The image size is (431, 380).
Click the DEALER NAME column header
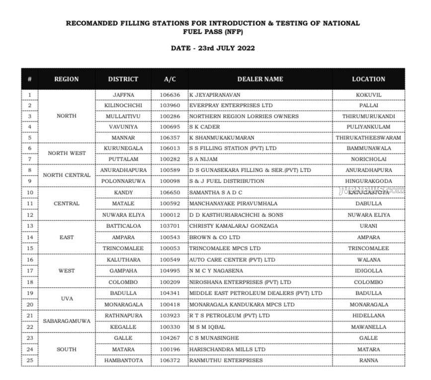coord(260,79)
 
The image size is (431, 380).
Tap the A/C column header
coord(170,79)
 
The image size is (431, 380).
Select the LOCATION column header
coord(368,79)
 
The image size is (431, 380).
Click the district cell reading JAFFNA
coord(123,95)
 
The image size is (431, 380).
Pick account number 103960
coord(170,106)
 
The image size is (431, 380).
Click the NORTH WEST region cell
coord(67,153)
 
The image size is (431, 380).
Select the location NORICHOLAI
coord(368,159)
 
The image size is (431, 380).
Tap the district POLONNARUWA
coord(123,181)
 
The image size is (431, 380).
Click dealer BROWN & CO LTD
coord(211,238)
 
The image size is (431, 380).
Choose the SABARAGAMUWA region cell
coord(67,321)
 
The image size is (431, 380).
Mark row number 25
coord(30,360)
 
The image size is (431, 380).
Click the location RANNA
coord(368,360)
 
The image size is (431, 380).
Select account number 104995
coord(170,271)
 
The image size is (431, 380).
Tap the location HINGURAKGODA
coord(368,181)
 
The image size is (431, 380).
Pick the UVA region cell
coord(67,299)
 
